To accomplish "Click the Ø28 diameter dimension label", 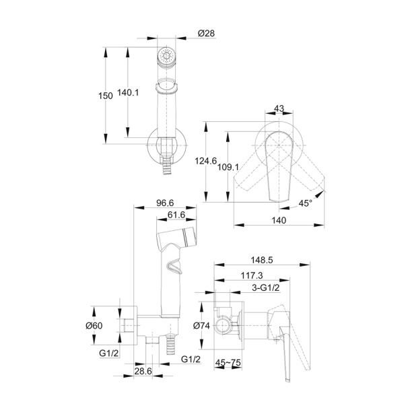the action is click(x=206, y=34).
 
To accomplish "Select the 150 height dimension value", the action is click(x=106, y=96).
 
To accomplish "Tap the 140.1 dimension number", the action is click(x=128, y=92).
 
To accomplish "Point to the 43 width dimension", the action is click(x=279, y=108).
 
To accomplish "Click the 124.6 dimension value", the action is click(x=205, y=160).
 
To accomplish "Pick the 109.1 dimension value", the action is click(x=228, y=166).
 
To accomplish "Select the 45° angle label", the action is click(x=306, y=203).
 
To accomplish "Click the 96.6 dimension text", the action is click(x=165, y=203).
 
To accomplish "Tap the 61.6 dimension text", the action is click(x=176, y=215).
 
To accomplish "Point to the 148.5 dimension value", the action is click(x=262, y=260).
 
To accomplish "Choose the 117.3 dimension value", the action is click(x=252, y=275).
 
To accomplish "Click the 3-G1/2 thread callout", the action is click(x=266, y=288).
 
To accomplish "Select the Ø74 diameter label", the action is click(x=201, y=326).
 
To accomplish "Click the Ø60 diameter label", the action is click(x=94, y=326).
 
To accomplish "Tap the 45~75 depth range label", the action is click(x=228, y=363).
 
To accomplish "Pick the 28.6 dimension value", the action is click(x=143, y=372).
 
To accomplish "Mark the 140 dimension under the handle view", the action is click(x=279, y=220).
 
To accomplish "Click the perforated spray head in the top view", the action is click(x=166, y=56).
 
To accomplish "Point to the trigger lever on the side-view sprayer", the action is click(x=174, y=266).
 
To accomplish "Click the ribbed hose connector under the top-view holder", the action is click(x=166, y=165).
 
